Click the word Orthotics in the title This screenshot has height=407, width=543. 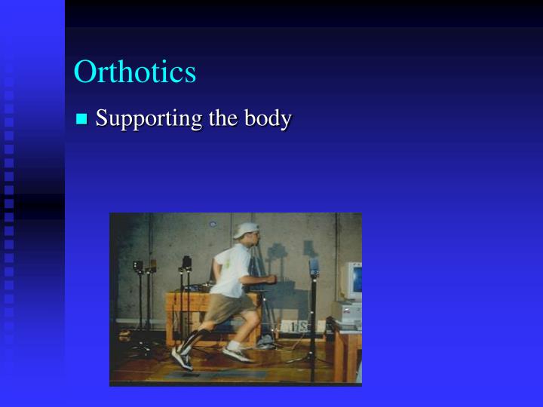tap(135, 72)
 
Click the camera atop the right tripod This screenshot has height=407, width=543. tap(314, 266)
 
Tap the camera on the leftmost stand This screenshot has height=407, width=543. tap(139, 266)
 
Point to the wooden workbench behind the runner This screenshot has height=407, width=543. tap(181, 309)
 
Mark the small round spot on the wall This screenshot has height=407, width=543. tap(213, 224)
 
